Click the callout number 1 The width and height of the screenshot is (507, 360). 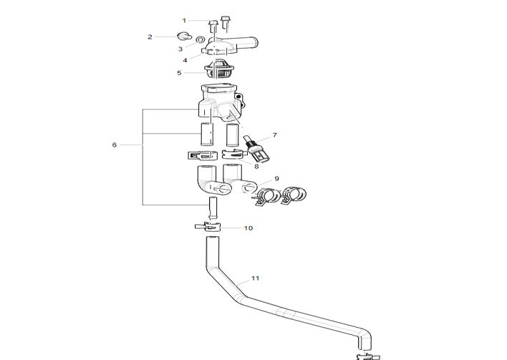click(x=183, y=21)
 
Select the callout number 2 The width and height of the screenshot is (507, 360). click(x=150, y=37)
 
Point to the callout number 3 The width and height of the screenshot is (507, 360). click(x=180, y=49)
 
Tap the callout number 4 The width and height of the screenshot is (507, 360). click(x=185, y=60)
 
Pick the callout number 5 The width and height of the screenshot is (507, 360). click(x=180, y=72)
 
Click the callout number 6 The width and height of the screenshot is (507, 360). click(x=114, y=145)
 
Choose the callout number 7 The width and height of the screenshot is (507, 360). click(x=274, y=135)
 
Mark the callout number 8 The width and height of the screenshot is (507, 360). click(x=256, y=166)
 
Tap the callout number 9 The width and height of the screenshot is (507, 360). click(x=276, y=177)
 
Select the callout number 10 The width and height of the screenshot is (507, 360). click(x=248, y=228)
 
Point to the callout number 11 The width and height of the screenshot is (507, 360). click(x=256, y=277)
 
